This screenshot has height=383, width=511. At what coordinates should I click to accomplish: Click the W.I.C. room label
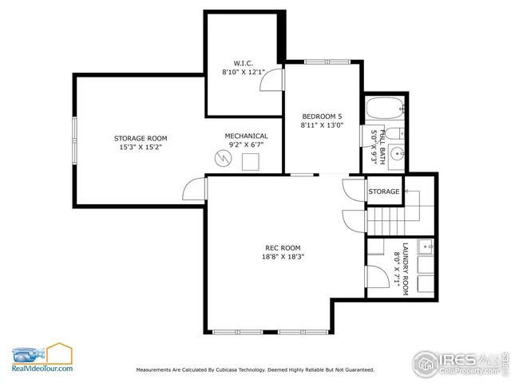coord(244,62)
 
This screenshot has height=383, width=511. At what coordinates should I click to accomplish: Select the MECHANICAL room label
coord(246,136)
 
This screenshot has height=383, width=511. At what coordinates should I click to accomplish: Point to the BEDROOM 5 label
coord(322,116)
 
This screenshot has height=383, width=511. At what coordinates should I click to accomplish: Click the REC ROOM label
coord(283,247)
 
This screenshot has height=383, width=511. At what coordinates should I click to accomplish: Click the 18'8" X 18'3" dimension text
coord(284,257)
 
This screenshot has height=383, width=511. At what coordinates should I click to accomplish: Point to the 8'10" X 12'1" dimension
coord(244,72)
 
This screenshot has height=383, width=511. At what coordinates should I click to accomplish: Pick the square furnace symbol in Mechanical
coord(251,162)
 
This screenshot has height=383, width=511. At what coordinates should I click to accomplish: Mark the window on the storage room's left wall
coord(75,139)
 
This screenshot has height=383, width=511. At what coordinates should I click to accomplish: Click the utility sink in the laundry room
coord(425,245)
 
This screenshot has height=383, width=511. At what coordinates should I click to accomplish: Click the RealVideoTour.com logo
coord(42,358)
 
